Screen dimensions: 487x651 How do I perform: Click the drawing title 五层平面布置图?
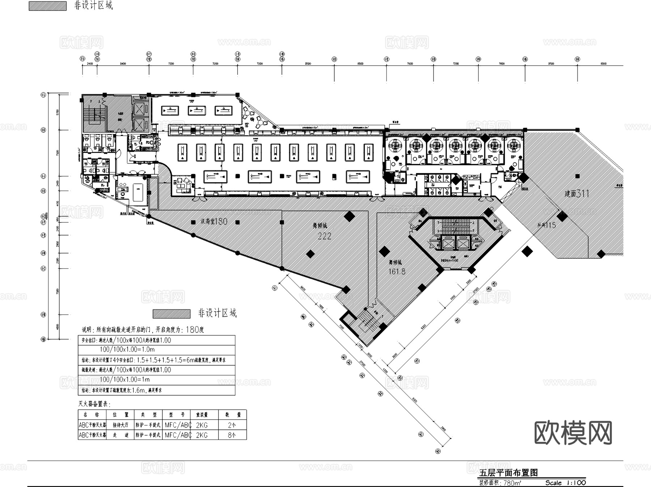509,473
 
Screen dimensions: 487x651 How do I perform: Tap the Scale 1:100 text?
566,483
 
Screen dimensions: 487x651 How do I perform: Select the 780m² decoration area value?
512,483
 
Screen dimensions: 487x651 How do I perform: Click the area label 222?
324,236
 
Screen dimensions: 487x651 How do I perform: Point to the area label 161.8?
397,271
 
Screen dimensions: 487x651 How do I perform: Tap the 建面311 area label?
577,193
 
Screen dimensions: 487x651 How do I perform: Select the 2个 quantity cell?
232,425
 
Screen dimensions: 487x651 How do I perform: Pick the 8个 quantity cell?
232,435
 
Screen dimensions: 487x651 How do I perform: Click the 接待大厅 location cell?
120,425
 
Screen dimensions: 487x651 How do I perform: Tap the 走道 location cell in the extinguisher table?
120,435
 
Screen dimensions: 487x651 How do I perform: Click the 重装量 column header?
203,415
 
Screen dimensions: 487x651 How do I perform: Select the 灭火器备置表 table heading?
94,404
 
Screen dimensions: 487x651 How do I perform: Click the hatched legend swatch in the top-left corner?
47,6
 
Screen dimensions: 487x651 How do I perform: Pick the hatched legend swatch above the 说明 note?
171,313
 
